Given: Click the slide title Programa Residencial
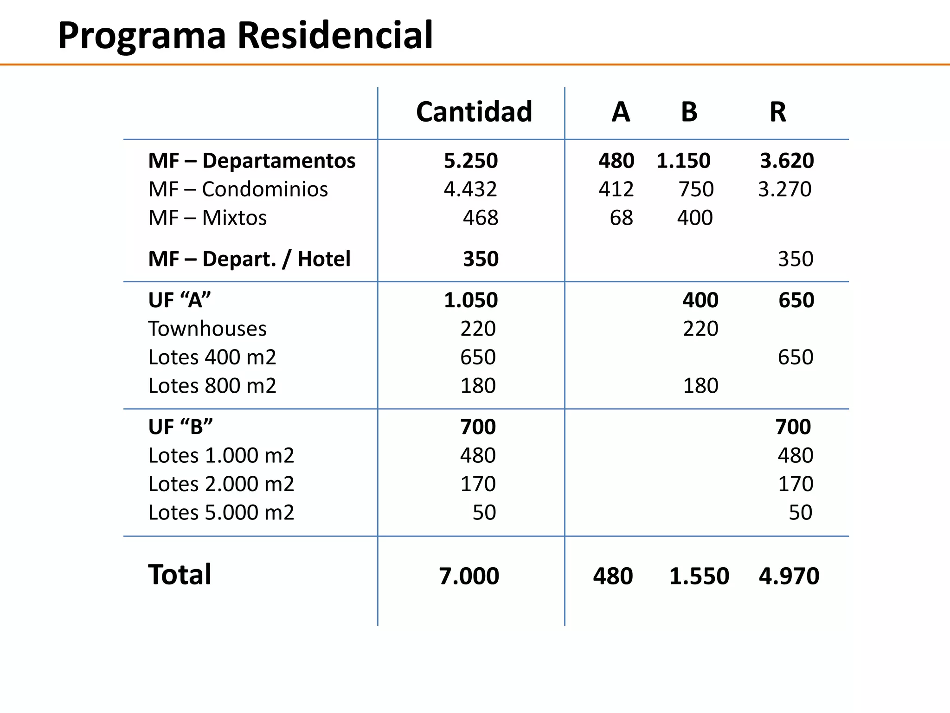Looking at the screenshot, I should [245, 35].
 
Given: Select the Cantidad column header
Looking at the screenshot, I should [474, 112].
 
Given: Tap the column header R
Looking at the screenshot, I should [777, 112].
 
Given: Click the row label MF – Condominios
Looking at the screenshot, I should [238, 189].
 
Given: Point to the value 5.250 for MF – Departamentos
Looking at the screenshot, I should [470, 161].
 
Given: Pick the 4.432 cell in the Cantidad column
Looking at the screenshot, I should [470, 189].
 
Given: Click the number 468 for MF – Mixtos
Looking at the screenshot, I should [480, 218].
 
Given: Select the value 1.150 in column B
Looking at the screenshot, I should [683, 161].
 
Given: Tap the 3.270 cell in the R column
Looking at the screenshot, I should [784, 189].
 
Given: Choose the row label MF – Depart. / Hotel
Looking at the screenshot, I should [249, 259].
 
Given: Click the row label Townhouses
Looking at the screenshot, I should [207, 329].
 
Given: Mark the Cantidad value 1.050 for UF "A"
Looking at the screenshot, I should [470, 300].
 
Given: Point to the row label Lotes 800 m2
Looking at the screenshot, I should [212, 386].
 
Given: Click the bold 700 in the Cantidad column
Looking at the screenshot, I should [478, 427].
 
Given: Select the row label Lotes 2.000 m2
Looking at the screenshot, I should [221, 484].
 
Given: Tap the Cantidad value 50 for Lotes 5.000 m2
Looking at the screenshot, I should [484, 512].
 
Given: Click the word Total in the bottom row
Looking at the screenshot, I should [180, 575].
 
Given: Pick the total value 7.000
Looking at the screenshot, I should [469, 576].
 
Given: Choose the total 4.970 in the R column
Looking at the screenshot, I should [789, 576].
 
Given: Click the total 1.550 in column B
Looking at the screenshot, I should [699, 576].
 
